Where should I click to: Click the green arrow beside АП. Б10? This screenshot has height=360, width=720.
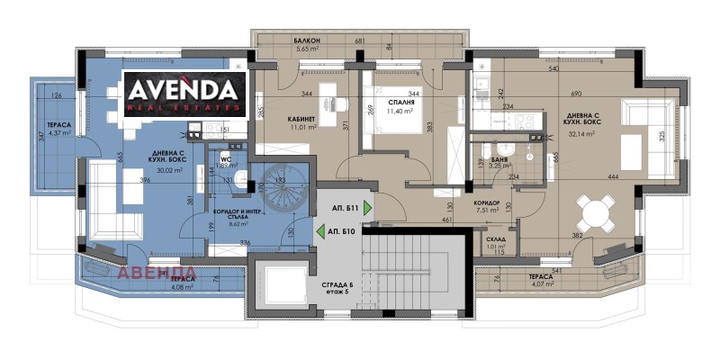click(x=321, y=231)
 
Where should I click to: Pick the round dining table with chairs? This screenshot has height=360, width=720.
click(x=594, y=212)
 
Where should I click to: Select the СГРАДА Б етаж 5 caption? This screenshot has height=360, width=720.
click(x=340, y=291)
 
